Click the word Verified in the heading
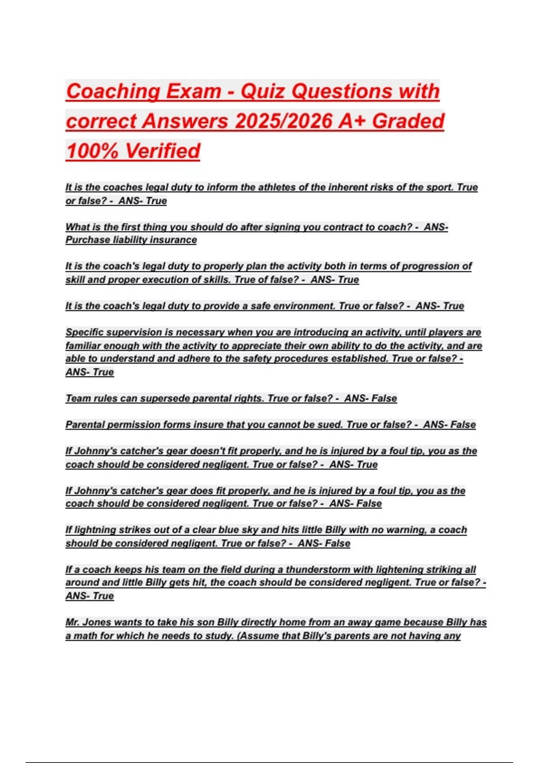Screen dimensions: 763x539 [x=163, y=151]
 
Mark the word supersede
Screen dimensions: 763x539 [x=165, y=399]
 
